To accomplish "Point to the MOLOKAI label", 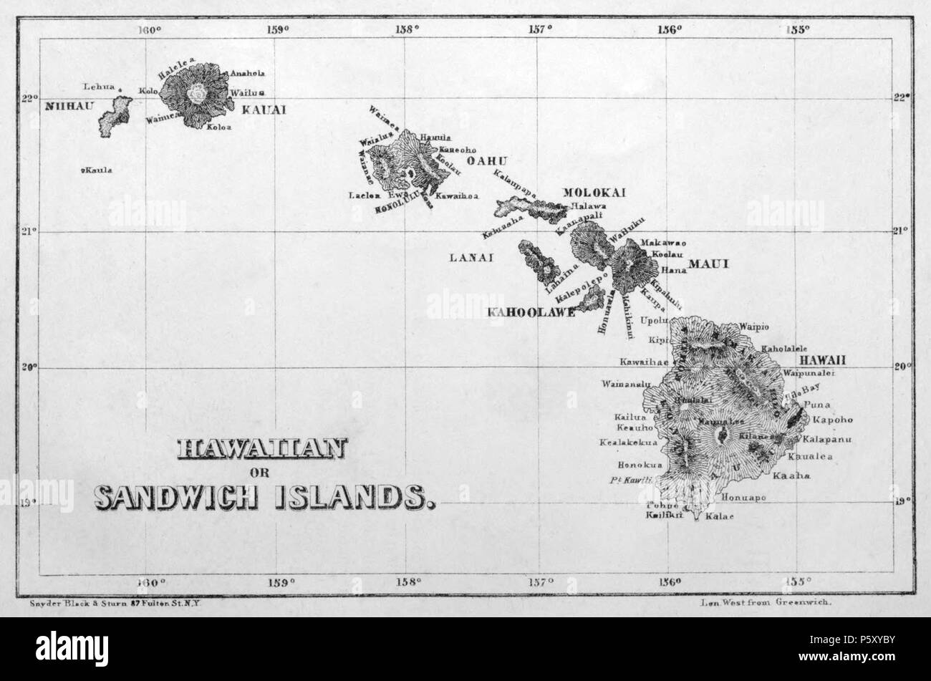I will [594, 193].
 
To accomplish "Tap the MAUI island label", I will [708, 264].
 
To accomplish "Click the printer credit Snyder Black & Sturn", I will [115, 604].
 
